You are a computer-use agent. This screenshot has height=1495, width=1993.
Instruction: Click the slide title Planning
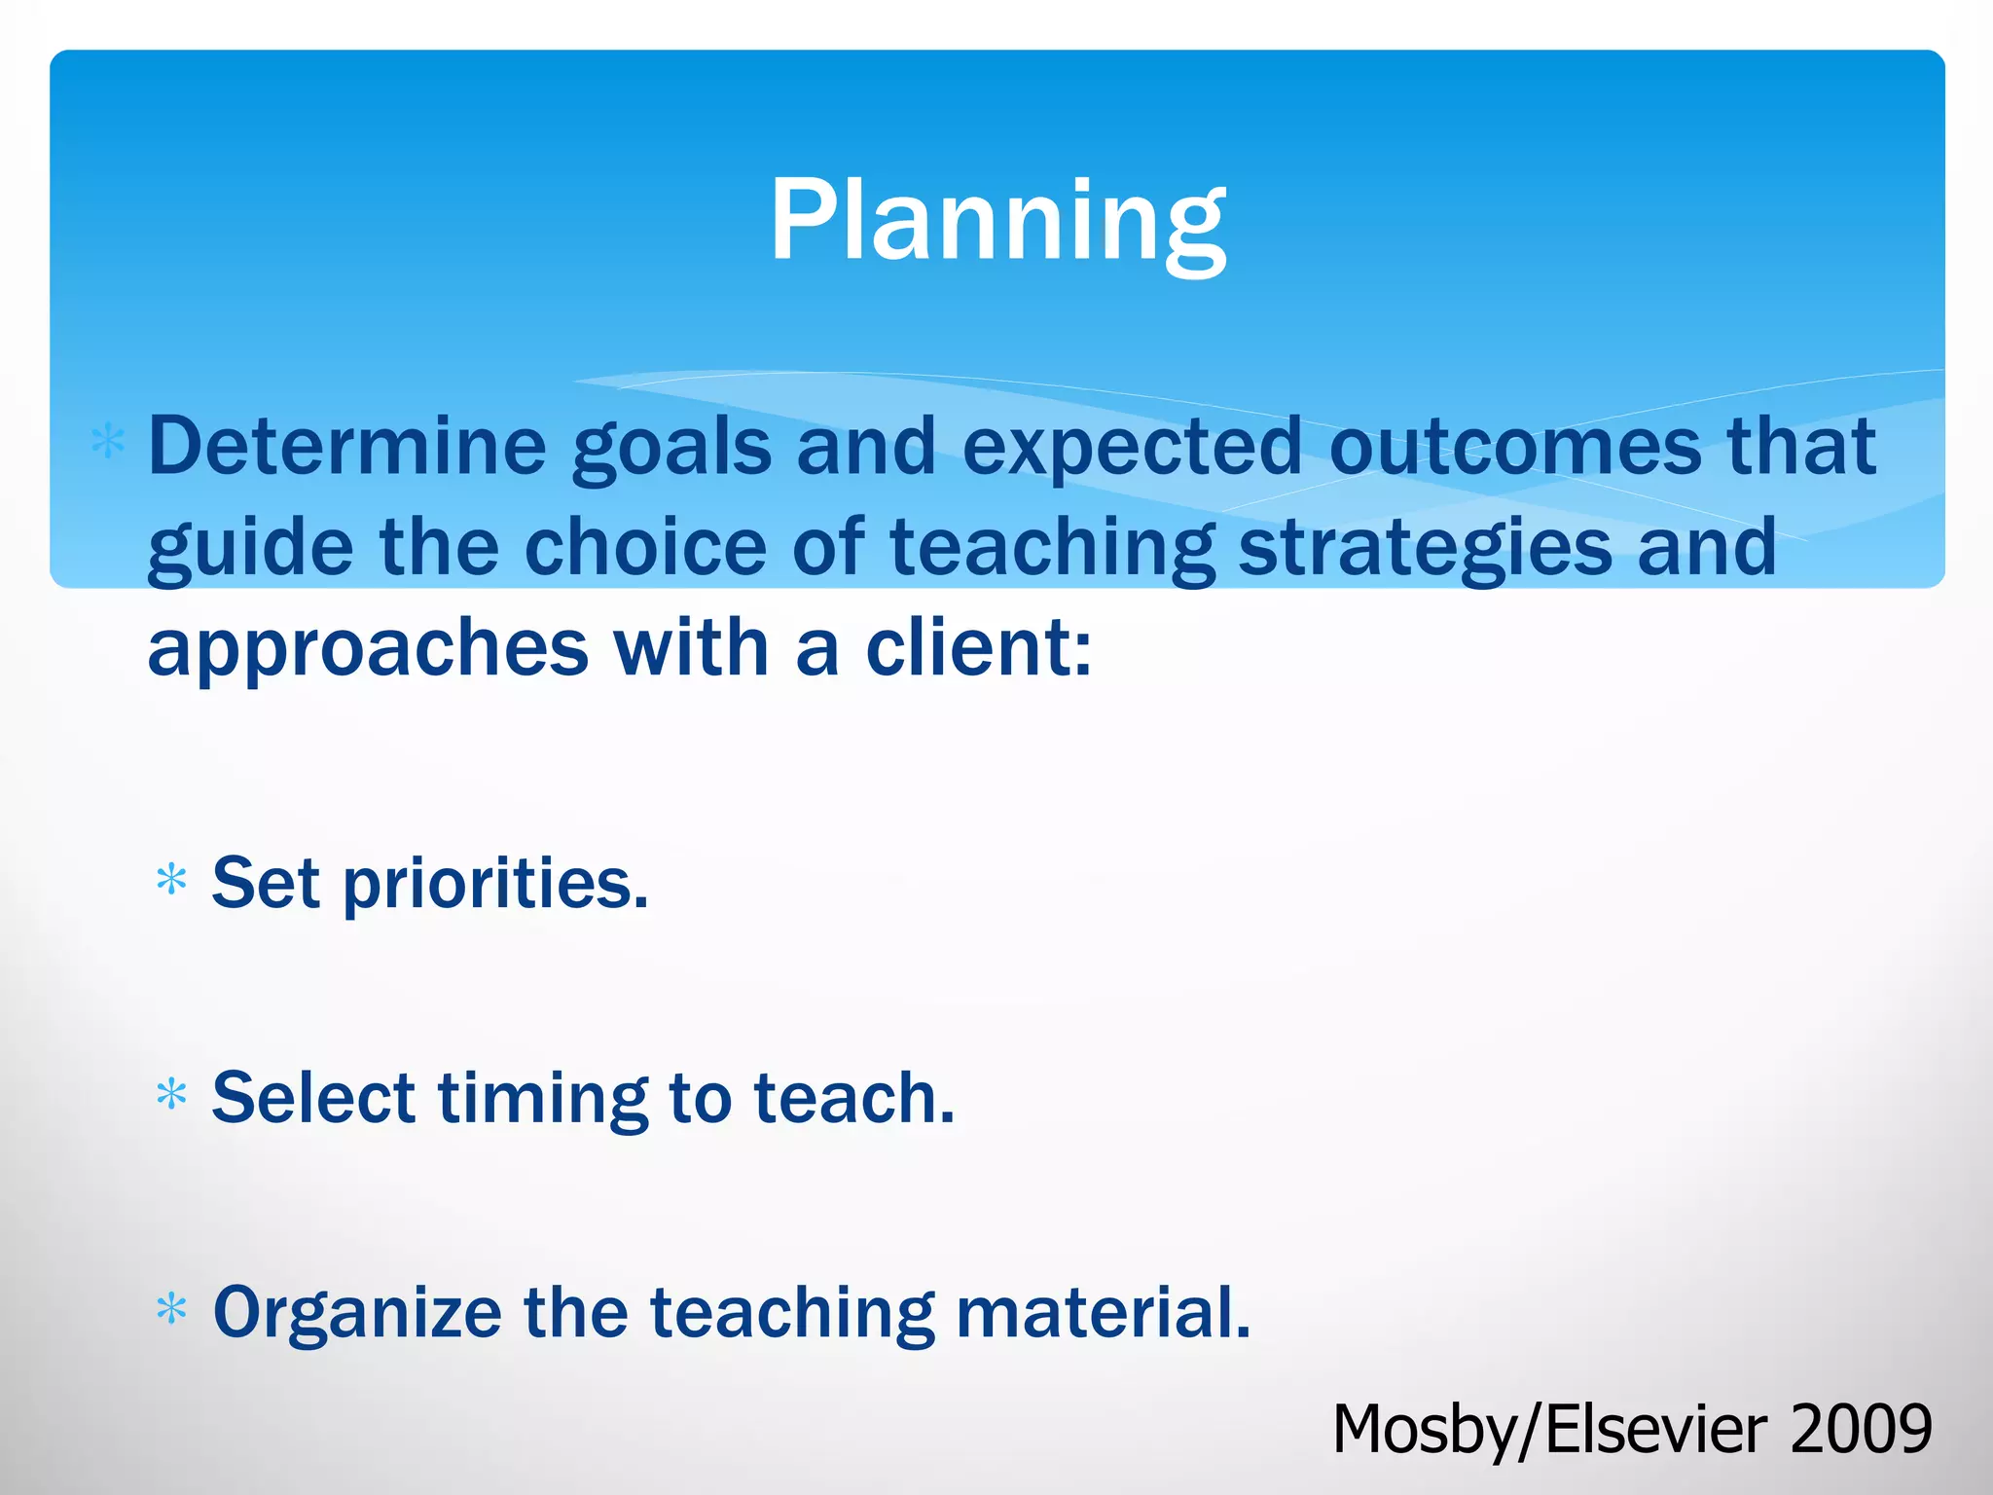(x=996, y=222)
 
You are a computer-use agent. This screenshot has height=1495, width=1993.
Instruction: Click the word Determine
(x=347, y=447)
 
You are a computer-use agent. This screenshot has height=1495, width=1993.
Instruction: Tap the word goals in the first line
(x=671, y=450)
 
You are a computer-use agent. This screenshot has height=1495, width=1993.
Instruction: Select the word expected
(x=1132, y=450)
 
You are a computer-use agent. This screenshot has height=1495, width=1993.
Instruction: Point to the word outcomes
(x=1515, y=447)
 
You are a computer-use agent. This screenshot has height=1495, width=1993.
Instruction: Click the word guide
(x=250, y=549)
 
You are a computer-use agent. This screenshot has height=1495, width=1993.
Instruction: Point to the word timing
(x=542, y=1100)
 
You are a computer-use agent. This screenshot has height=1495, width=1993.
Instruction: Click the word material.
(x=1103, y=1312)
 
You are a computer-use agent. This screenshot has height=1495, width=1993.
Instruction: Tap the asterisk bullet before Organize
(x=171, y=1309)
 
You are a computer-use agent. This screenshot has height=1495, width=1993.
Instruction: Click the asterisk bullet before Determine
(x=107, y=443)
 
